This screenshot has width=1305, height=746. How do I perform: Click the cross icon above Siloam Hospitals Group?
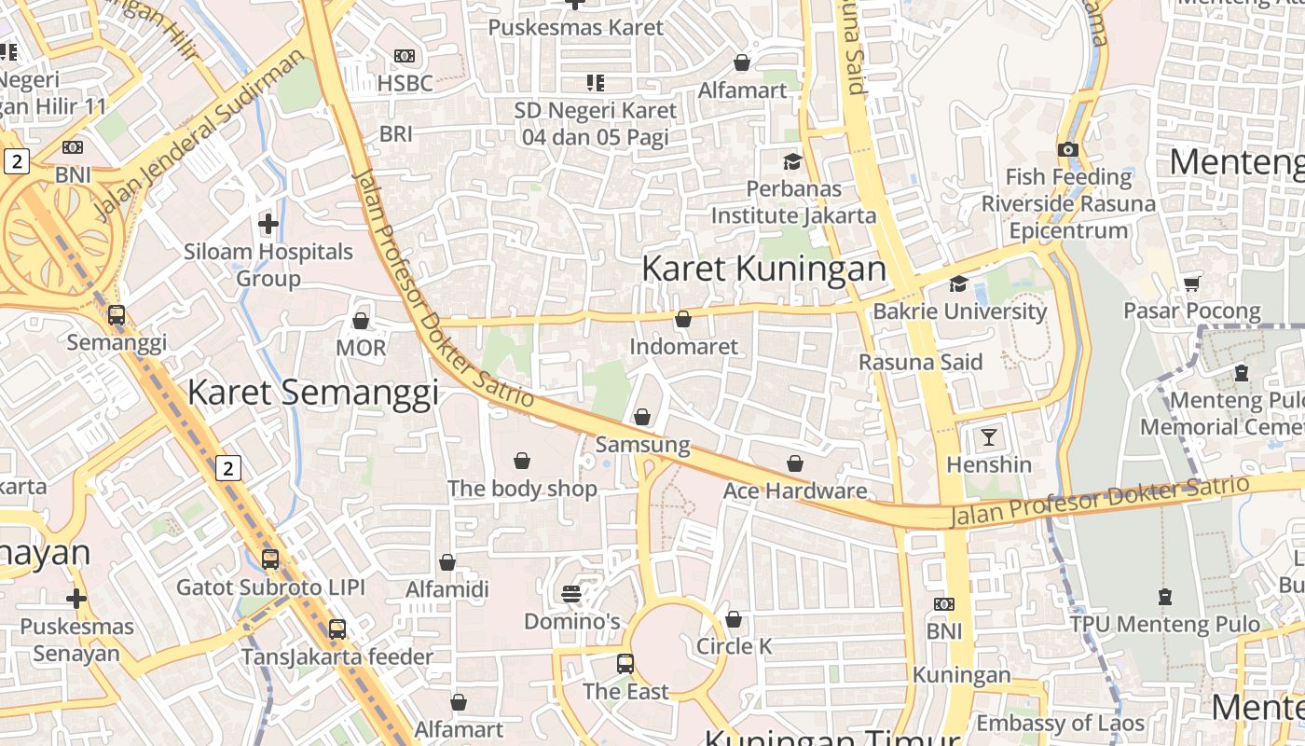(268, 224)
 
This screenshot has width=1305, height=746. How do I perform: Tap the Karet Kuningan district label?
(763, 269)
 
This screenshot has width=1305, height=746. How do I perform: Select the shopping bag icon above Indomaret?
(683, 319)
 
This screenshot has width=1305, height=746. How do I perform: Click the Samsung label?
(642, 445)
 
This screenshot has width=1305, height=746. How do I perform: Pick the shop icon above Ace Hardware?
(795, 463)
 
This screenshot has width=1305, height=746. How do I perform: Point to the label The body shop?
(522, 489)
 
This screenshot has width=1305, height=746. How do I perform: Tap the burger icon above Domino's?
(571, 594)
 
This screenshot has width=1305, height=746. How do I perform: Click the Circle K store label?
(734, 646)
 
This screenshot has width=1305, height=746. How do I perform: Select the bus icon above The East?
(625, 664)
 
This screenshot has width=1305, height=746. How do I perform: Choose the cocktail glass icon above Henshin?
(989, 436)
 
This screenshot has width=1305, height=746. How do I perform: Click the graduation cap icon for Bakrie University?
(958, 283)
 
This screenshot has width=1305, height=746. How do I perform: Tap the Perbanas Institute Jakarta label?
(793, 202)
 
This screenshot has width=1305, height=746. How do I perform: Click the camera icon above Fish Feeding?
(1068, 149)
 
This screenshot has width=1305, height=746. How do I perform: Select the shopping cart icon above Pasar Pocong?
(1191, 283)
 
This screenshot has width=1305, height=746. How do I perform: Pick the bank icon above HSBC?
(405, 56)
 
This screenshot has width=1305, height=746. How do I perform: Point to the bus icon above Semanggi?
(117, 315)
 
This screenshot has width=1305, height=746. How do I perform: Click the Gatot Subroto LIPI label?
(270, 587)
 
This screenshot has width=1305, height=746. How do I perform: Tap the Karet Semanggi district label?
(312, 393)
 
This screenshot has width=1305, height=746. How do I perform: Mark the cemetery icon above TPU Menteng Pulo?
(1164, 596)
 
